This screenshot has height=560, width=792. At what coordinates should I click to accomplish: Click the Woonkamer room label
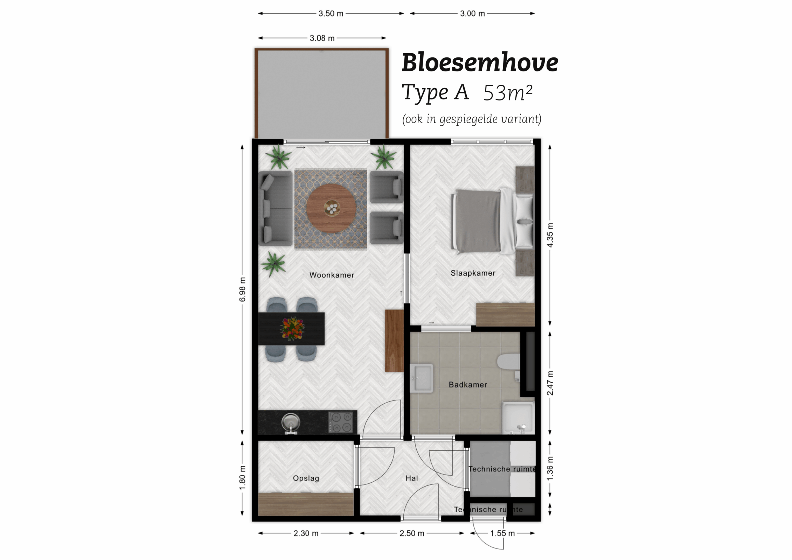point(332,275)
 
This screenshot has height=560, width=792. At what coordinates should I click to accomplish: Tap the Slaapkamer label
point(473,273)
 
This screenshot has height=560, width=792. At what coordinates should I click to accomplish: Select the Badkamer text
point(468,385)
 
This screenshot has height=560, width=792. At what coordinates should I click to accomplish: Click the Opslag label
point(306,478)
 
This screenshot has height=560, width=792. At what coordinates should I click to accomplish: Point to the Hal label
point(412,478)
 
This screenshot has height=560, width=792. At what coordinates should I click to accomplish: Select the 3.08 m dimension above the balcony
point(322,38)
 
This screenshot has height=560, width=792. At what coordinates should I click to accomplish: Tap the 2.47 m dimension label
point(550,383)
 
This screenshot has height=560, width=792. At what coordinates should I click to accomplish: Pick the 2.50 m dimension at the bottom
point(412,533)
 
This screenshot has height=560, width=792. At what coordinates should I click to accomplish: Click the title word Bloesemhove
point(480,63)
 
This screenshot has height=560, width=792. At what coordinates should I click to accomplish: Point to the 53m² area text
point(508,93)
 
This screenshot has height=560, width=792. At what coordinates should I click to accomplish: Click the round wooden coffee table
point(331,209)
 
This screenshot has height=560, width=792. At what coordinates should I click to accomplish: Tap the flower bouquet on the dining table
point(292,328)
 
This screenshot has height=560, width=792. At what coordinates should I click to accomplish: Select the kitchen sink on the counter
point(291,422)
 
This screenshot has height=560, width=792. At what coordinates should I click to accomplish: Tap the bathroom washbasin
point(422,378)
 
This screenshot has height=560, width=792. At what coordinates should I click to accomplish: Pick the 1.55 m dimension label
point(502,533)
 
